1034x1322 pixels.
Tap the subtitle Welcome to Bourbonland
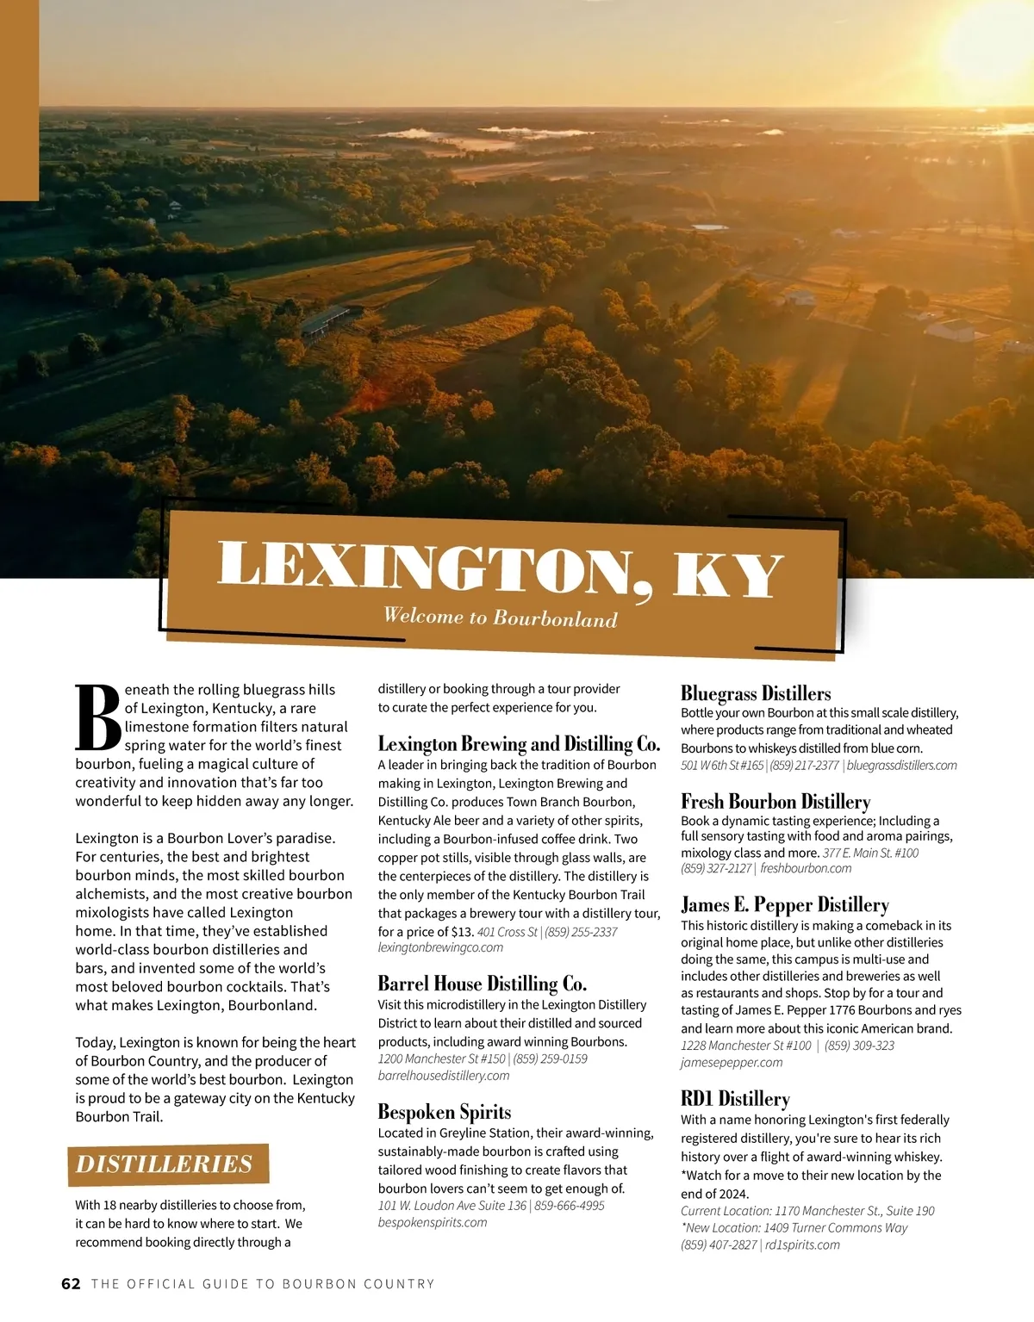click(x=500, y=618)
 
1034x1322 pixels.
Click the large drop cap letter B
click(x=97, y=717)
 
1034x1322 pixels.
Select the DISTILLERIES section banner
click(x=165, y=1164)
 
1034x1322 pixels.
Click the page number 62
click(x=71, y=1284)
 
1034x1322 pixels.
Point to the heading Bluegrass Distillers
click(x=756, y=693)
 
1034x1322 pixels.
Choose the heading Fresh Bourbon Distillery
click(x=775, y=801)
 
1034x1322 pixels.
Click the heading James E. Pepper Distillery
click(x=785, y=904)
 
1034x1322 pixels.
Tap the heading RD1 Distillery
click(x=735, y=1099)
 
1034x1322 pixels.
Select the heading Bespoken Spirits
click(x=445, y=1112)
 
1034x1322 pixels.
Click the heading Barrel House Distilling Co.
click(x=483, y=984)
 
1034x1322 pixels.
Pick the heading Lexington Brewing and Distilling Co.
click(x=519, y=743)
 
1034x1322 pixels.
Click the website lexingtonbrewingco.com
click(x=440, y=947)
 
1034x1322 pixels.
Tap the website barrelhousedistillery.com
click(x=444, y=1076)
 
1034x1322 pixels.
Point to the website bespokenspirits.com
click(x=433, y=1223)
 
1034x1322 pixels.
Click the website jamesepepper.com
click(x=732, y=1063)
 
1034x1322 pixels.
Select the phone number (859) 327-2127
click(x=716, y=868)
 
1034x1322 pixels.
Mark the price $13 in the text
click(x=462, y=932)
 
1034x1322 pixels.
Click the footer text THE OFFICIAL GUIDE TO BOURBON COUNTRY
click(x=263, y=1284)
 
